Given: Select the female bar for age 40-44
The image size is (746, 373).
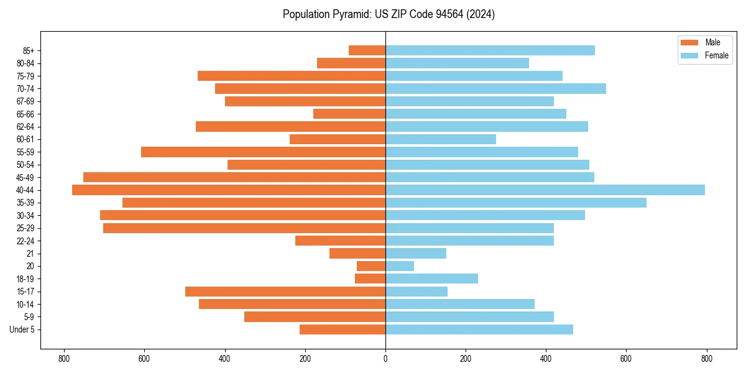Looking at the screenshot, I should tap(545, 190).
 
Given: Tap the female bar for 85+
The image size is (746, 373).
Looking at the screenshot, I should tap(490, 50).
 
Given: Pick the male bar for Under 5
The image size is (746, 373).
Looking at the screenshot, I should tap(343, 329).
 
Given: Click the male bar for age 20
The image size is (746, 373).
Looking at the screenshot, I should tap(371, 266).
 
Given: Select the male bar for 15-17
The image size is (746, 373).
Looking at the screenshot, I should tap(285, 292).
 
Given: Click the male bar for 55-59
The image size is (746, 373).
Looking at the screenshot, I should tap(263, 152).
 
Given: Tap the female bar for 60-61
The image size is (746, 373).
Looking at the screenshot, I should tap(441, 139).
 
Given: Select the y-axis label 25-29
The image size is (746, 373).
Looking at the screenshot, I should tap(25, 228).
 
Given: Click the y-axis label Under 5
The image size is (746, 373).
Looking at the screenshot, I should tap(22, 329).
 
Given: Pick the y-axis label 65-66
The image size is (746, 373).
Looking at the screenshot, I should tap(25, 114).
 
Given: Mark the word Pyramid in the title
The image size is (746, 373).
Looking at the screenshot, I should tap(349, 14).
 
